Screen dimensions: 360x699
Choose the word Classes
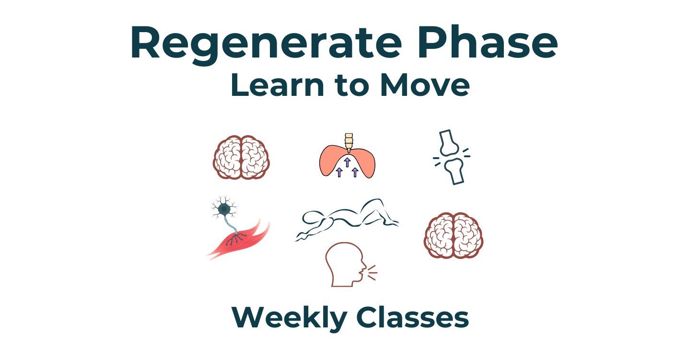pyautogui.click(x=412, y=317)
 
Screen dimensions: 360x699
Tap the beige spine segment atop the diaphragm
pyautogui.click(x=348, y=141)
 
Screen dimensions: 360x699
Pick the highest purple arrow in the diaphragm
pyautogui.click(x=347, y=162)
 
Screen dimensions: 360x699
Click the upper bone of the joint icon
pyautogui.click(x=449, y=143)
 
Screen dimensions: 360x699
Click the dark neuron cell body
pyautogui.click(x=223, y=209)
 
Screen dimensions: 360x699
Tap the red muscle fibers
pyautogui.click(x=240, y=240)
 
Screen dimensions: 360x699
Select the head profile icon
pyautogui.click(x=344, y=265)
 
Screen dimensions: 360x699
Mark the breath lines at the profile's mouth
pyautogui.click(x=372, y=273)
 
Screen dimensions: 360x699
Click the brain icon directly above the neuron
pyautogui.click(x=241, y=157)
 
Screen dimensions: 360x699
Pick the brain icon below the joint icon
pyautogui.click(x=454, y=235)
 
